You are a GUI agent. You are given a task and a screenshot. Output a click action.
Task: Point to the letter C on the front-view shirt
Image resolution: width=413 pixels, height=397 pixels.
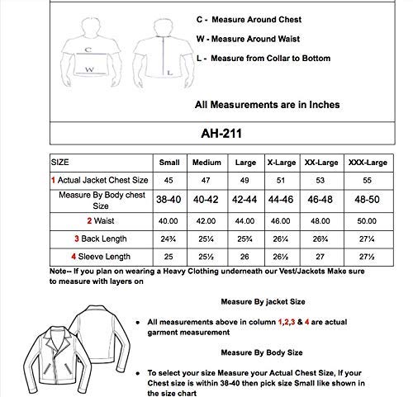pyautogui.click(x=88, y=50)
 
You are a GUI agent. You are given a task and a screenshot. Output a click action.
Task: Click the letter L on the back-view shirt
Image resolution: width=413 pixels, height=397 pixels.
pyautogui.click(x=169, y=73)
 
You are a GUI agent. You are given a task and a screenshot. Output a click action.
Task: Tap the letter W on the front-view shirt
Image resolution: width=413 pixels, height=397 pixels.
pyautogui.click(x=88, y=71)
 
